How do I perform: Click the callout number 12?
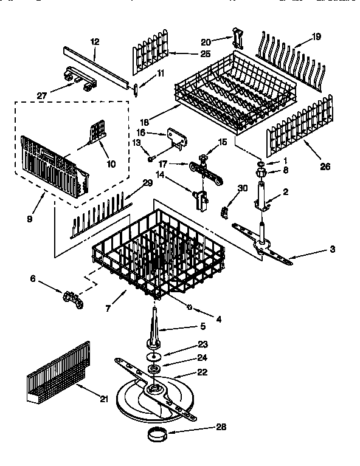click(94, 41)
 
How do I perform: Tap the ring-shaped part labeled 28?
click(157, 435)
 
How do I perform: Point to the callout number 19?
click(316, 36)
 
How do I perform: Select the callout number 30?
click(243, 188)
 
